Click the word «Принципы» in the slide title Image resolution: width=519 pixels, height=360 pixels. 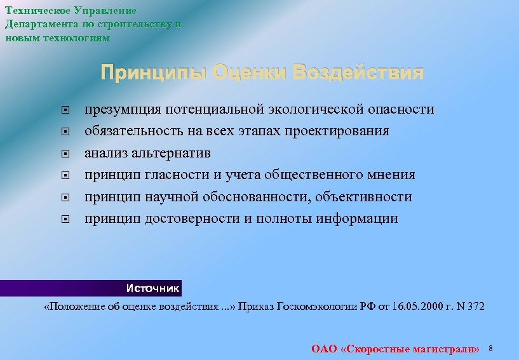point(153,73)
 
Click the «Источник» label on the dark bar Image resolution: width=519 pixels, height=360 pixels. point(152,288)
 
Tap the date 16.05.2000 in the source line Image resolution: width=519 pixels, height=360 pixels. point(415,307)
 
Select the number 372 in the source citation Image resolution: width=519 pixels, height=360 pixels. point(475,307)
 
